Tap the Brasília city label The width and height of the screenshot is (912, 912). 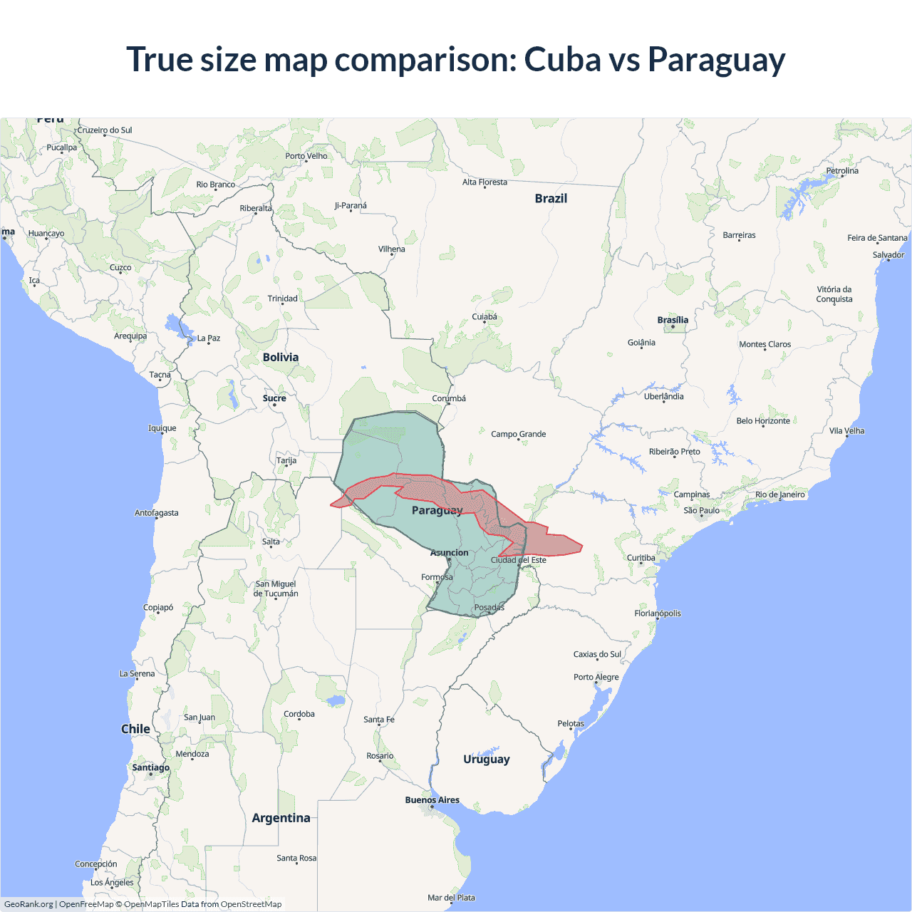(x=673, y=320)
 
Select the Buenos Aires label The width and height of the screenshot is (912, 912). (x=432, y=800)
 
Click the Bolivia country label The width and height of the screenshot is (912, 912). (x=281, y=358)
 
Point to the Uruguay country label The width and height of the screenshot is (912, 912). (x=487, y=760)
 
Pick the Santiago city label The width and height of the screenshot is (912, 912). (x=151, y=767)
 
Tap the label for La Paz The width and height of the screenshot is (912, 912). (x=209, y=338)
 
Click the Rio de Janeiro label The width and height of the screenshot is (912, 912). (x=780, y=494)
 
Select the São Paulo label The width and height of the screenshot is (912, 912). (x=702, y=510)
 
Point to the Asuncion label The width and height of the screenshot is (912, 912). (x=450, y=553)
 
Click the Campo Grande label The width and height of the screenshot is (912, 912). (x=519, y=434)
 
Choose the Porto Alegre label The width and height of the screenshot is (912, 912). (x=596, y=677)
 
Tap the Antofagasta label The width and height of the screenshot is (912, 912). (x=157, y=513)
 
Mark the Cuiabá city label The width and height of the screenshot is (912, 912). (x=484, y=317)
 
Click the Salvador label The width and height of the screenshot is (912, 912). (x=888, y=255)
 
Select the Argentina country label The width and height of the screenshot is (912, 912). (x=281, y=818)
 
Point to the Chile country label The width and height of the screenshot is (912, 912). (x=135, y=729)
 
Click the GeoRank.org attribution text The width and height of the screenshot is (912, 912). (x=28, y=904)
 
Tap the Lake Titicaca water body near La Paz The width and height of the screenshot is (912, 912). (x=177, y=327)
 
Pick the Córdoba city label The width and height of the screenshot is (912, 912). (x=299, y=714)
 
